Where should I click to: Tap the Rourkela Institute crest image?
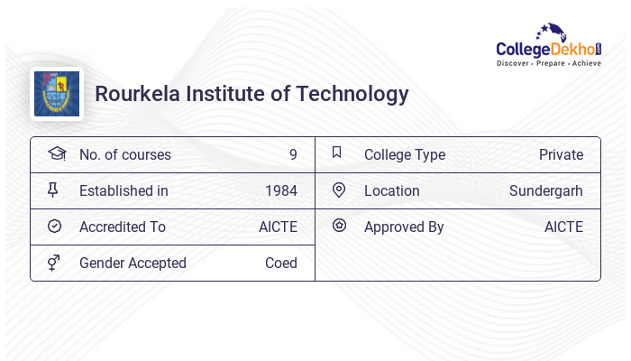click(x=57, y=94)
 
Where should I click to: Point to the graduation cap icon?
click(x=56, y=154)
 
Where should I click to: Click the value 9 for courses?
click(x=293, y=154)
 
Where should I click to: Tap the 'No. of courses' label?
click(x=125, y=154)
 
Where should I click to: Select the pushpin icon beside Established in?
click(x=54, y=190)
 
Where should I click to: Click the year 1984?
click(x=281, y=190)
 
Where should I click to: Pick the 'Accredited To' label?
click(x=123, y=227)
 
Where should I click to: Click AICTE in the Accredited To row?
click(x=278, y=227)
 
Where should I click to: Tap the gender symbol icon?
click(x=54, y=263)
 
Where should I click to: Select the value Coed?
click(x=281, y=263)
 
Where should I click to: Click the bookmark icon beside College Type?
click(x=337, y=153)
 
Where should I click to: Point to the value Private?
click(x=561, y=154)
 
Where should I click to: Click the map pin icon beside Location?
click(x=339, y=190)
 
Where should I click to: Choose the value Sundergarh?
click(x=546, y=190)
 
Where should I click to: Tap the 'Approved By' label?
click(x=404, y=227)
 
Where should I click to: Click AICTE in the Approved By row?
click(x=563, y=227)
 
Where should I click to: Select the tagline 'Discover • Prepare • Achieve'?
click(x=549, y=64)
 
